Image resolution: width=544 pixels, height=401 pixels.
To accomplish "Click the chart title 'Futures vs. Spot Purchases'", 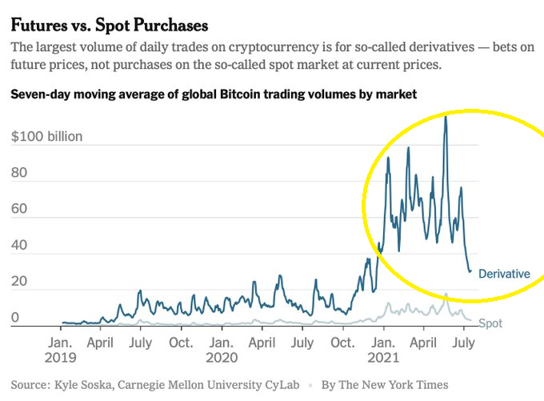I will point(109,25).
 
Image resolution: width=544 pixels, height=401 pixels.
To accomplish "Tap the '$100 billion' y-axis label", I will point(46,136).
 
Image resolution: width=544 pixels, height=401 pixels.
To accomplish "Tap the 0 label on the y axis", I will point(14,319).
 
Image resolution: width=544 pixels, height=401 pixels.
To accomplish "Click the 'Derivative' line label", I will point(504,274).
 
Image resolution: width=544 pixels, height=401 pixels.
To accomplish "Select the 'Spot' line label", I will point(490,323).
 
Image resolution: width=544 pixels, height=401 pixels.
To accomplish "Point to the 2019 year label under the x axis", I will point(62,356).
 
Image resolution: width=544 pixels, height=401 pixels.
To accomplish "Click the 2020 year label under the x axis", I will point(222,356).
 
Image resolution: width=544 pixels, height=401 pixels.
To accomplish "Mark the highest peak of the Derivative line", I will point(446,117).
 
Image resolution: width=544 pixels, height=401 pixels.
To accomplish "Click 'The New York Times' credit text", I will point(395,384).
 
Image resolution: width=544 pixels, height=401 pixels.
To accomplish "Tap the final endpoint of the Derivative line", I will point(470,271).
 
